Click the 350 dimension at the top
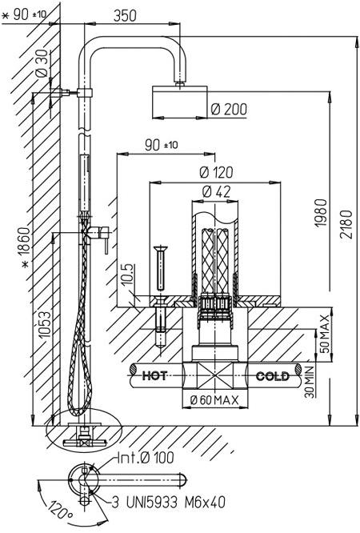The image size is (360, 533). pyautogui.click(x=125, y=16)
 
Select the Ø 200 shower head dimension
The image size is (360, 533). pyautogui.click(x=229, y=109)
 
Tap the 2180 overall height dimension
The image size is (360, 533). pyautogui.click(x=346, y=224)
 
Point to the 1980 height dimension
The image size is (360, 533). pyautogui.click(x=321, y=213)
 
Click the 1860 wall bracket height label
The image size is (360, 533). pyautogui.click(x=26, y=247)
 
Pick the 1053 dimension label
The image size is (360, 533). pyautogui.click(x=45, y=324)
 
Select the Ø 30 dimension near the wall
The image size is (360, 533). pyautogui.click(x=42, y=63)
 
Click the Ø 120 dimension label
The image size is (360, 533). pyautogui.click(x=216, y=172)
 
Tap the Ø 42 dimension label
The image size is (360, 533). pyautogui.click(x=216, y=192)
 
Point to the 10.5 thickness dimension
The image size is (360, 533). pyautogui.click(x=127, y=275)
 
